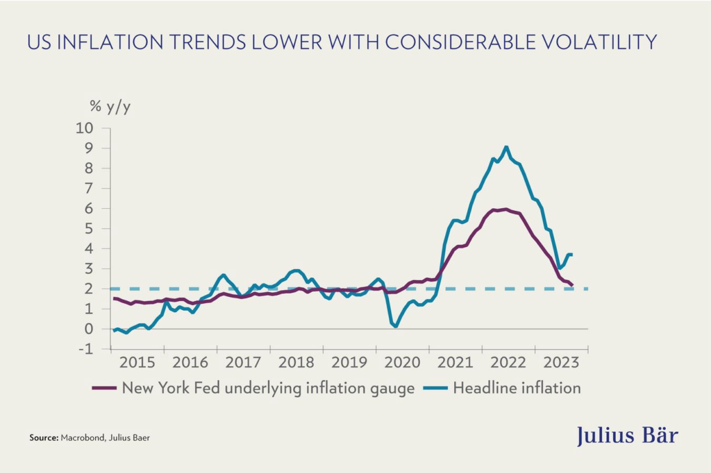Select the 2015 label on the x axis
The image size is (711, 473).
(136, 363)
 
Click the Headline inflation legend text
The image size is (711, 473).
(517, 388)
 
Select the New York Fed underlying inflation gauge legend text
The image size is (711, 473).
(268, 388)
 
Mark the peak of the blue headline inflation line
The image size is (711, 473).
(506, 147)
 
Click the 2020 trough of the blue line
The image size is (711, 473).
(396, 325)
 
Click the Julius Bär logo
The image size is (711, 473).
(627, 436)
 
